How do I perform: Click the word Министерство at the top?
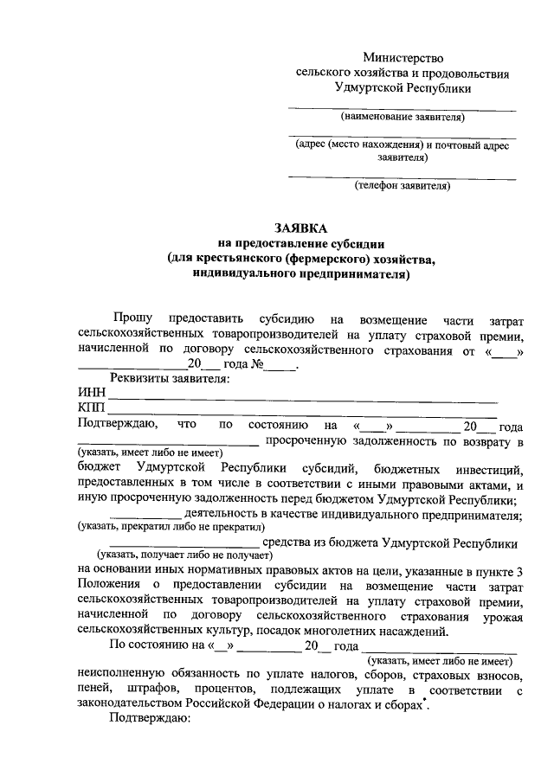click(403, 57)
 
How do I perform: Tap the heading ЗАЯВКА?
click(300, 228)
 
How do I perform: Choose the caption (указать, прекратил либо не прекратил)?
click(169, 527)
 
